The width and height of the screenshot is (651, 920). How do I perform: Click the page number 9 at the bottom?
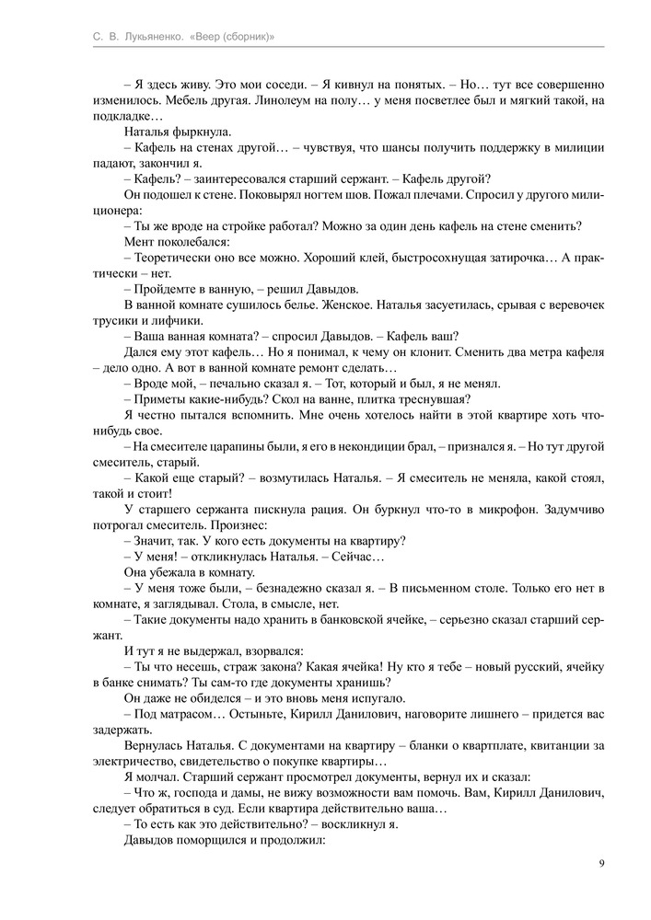coord(600,863)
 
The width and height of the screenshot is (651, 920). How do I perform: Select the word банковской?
coord(343,620)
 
